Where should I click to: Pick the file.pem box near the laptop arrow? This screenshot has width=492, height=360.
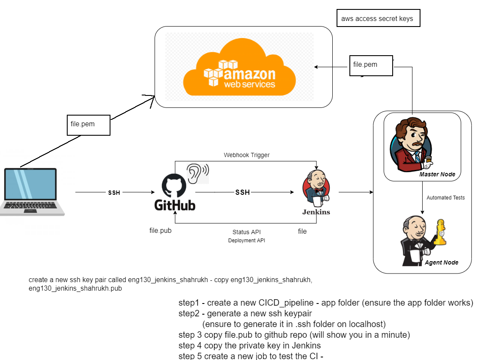click(x=89, y=125)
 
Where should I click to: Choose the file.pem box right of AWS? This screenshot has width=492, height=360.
click(x=371, y=65)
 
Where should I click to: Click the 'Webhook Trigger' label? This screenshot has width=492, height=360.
click(x=247, y=155)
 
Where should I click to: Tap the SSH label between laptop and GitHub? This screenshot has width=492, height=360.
click(x=114, y=193)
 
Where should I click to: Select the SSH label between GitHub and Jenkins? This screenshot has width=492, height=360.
click(x=242, y=193)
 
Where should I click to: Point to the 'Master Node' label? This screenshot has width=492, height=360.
click(x=437, y=174)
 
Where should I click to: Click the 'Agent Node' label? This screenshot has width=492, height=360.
click(x=441, y=262)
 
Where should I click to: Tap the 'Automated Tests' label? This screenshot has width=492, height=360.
click(x=445, y=198)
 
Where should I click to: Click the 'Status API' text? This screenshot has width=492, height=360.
click(x=246, y=232)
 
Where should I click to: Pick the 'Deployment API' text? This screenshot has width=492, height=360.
click(x=246, y=241)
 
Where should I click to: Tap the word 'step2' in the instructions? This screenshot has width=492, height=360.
click(x=189, y=313)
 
